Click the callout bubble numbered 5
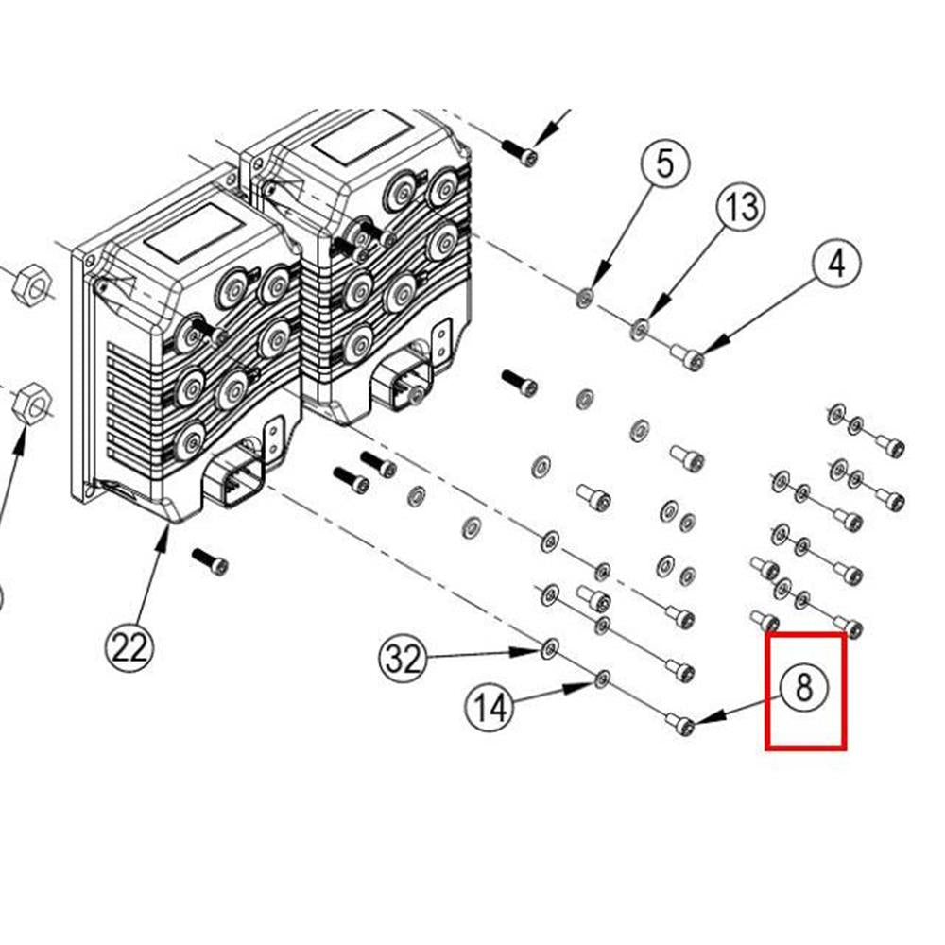pos(666,164)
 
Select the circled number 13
pos(742,205)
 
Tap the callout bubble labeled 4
pos(836,264)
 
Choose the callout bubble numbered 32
pos(404,658)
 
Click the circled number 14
pos(490,706)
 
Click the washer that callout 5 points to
pos(585,300)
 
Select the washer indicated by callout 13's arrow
pos(640,329)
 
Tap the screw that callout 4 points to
pos(689,356)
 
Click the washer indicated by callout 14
pos(602,678)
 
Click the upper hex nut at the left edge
pos(30,283)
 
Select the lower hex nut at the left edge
pos(32,402)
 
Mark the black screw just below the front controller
pos(210,561)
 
